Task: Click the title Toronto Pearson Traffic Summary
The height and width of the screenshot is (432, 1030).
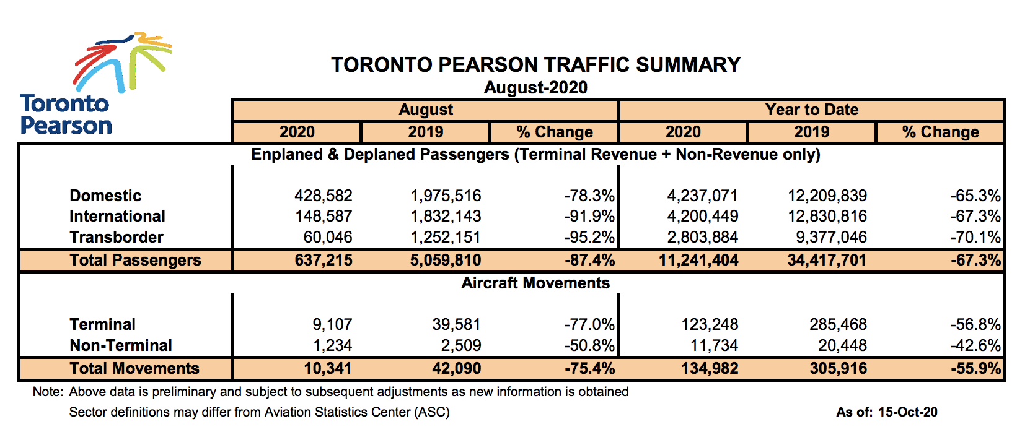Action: (535, 65)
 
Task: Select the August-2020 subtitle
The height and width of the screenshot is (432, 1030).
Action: (535, 88)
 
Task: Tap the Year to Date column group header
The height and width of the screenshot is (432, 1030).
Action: (811, 110)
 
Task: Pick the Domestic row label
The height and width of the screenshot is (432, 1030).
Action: (105, 196)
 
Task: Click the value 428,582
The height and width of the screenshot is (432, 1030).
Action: (323, 196)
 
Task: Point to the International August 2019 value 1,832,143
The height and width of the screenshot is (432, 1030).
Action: (445, 217)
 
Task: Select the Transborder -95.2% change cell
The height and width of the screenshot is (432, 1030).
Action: (589, 238)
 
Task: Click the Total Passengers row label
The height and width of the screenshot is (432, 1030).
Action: (135, 261)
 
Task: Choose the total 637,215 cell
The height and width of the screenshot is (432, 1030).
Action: (323, 261)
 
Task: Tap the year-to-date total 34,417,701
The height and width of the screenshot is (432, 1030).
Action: (827, 261)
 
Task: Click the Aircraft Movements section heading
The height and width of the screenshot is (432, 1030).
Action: (535, 283)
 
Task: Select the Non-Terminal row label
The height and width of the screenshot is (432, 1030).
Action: (121, 346)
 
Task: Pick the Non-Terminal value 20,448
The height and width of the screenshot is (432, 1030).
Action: (842, 346)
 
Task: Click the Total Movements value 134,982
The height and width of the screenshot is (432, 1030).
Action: (709, 369)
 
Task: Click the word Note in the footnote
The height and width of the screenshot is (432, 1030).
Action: (47, 392)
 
